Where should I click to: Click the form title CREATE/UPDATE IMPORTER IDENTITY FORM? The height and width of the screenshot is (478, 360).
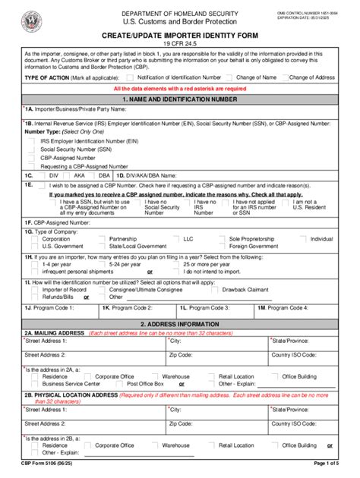tap(179, 36)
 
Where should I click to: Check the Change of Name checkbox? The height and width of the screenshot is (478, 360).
tap(230, 77)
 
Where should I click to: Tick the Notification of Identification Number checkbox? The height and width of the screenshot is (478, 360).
tap(131, 77)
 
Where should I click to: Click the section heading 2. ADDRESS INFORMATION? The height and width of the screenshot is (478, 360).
tap(179, 322)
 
